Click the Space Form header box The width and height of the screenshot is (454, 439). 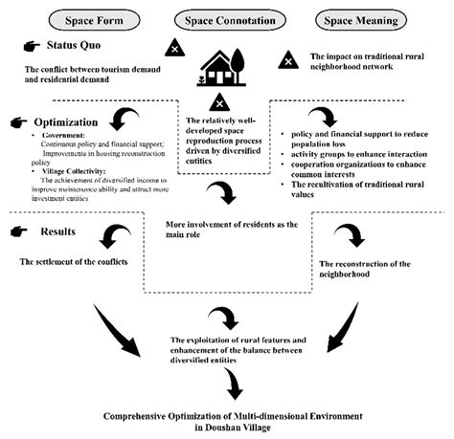pos(92,20)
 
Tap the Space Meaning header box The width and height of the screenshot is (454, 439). pos(351,20)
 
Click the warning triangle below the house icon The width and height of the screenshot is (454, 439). pos(219,103)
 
